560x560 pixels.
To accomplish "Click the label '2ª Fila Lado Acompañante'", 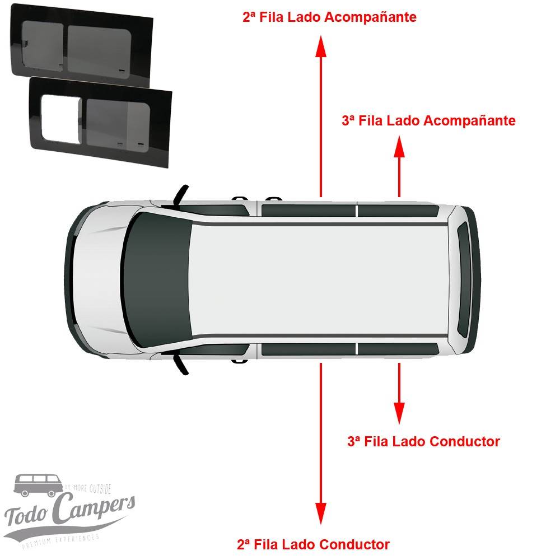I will click(x=329, y=17).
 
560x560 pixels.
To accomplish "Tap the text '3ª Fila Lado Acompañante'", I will click(x=428, y=120).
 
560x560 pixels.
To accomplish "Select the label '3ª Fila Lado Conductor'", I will click(x=423, y=441).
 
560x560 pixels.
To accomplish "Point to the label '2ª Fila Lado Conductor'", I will click(x=313, y=544).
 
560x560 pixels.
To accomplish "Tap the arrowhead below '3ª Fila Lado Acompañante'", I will click(x=399, y=148).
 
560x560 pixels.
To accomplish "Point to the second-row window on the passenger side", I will click(x=308, y=211).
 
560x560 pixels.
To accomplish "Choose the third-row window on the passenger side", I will click(x=398, y=211).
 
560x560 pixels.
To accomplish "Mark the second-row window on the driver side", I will click(x=308, y=349).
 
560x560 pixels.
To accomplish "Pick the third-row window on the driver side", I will click(x=398, y=349).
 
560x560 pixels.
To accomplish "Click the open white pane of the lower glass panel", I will click(x=61, y=118).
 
